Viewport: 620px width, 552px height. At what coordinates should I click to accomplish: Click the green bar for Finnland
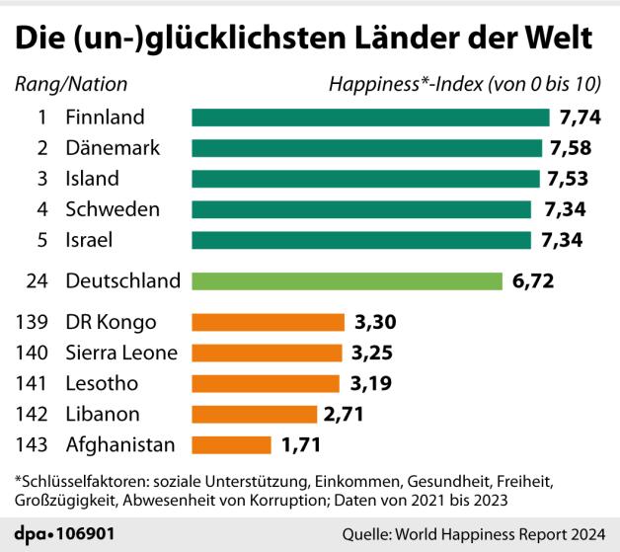370,118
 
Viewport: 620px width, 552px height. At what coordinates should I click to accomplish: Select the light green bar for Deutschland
347,280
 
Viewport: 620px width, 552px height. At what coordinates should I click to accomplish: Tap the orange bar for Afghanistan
231,444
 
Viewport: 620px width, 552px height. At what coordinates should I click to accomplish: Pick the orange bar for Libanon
254,414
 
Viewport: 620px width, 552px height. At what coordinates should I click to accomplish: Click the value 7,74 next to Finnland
580,118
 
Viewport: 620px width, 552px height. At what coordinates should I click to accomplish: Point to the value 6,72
533,280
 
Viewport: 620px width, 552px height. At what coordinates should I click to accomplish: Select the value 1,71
302,444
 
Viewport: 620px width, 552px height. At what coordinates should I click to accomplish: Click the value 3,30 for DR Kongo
376,322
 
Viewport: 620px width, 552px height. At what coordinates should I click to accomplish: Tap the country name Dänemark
112,148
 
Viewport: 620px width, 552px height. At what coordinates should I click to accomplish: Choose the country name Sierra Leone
120,353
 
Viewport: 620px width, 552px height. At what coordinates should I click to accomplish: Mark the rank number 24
37,280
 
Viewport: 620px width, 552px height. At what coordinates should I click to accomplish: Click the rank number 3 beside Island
42,179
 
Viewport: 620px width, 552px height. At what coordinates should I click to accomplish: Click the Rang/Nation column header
71,84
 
